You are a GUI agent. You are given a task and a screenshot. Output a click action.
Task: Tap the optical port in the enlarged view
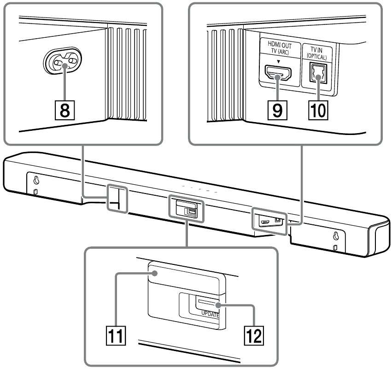[x=318, y=72]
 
